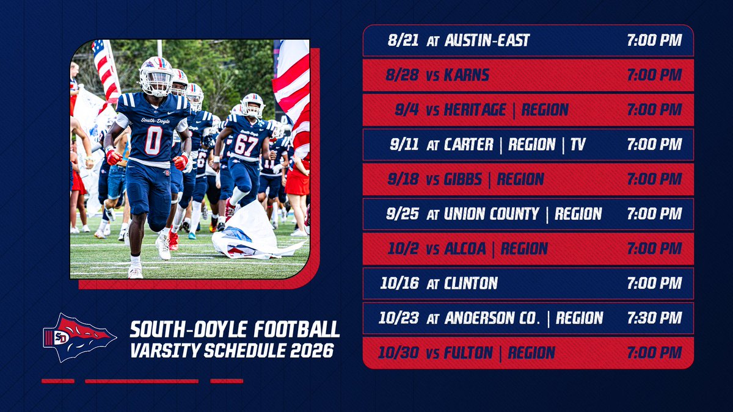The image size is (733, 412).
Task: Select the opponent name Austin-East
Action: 487,41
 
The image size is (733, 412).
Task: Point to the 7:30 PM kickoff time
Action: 654,318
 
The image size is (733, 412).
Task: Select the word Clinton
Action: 471,283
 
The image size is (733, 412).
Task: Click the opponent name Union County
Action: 492,214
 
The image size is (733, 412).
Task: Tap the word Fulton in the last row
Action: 469,353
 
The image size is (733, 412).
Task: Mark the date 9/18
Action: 403,179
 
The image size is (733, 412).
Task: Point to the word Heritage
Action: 475,110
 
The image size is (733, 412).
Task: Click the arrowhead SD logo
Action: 79,337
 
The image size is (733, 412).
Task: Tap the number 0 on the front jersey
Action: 153,140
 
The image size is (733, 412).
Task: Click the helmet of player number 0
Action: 156,76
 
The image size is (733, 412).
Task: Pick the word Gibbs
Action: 466,179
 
